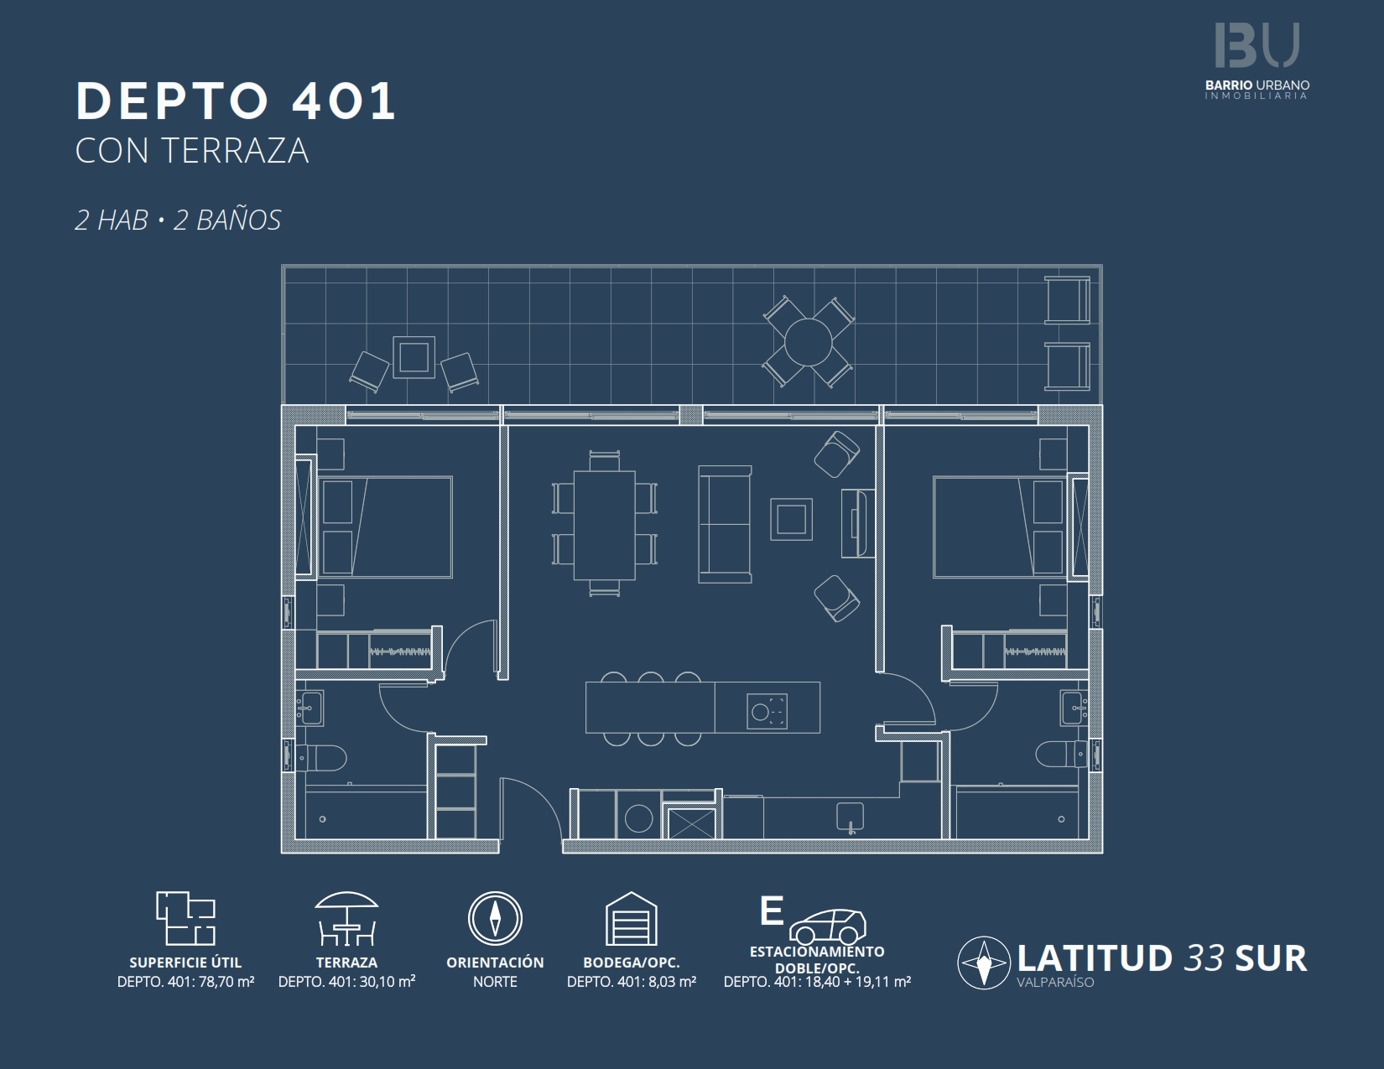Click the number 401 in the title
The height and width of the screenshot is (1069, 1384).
(x=344, y=101)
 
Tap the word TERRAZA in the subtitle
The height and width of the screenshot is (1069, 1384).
(x=235, y=151)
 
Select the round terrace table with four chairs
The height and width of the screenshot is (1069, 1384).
(x=809, y=341)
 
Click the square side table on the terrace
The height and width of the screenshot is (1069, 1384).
(x=414, y=357)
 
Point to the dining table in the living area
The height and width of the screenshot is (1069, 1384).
(x=604, y=526)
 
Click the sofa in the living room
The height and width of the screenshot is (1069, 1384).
(x=725, y=525)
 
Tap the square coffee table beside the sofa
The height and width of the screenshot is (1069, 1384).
(x=791, y=519)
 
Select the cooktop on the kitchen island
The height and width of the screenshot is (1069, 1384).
(x=767, y=712)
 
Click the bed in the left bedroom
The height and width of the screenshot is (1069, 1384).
(x=386, y=527)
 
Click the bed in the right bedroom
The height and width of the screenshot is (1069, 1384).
(x=998, y=527)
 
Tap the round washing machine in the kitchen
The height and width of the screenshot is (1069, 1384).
(x=638, y=818)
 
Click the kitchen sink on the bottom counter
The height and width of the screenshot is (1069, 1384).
(x=850, y=816)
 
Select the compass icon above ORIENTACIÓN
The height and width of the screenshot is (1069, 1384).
(x=495, y=918)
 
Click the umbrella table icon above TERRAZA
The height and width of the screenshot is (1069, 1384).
(x=346, y=918)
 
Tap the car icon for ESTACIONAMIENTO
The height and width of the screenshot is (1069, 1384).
(x=827, y=926)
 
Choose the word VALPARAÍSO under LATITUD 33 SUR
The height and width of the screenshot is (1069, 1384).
(x=1055, y=983)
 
